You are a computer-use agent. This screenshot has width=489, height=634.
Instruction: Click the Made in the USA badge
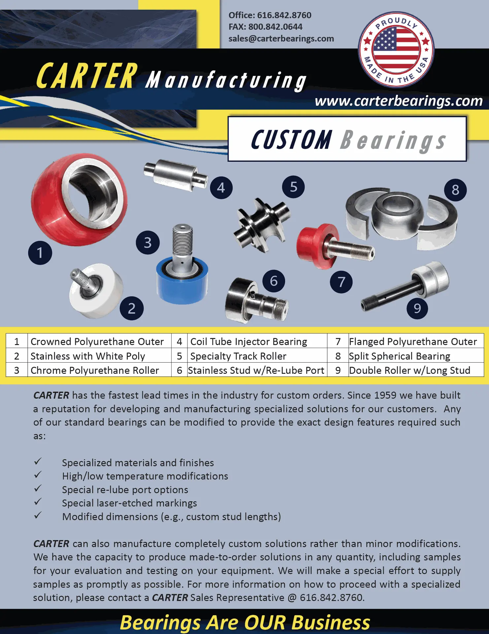396,50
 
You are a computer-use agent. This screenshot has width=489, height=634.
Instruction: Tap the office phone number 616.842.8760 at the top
284,15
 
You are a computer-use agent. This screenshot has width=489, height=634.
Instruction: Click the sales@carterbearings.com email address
281,39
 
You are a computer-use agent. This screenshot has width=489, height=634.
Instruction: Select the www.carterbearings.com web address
399,101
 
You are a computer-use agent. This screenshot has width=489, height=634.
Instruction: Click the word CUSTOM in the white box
291,140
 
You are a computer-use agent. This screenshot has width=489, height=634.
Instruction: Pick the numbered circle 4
221,188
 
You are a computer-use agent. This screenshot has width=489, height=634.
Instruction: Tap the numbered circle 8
455,190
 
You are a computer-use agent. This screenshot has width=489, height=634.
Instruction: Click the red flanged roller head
316,246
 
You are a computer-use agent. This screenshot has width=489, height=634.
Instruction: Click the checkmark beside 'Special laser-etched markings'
38,502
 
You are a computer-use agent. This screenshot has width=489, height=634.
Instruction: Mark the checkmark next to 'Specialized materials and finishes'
38,461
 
